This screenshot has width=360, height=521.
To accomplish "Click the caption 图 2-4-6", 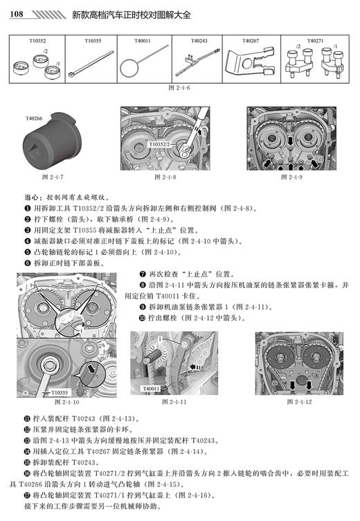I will (x=179, y=87).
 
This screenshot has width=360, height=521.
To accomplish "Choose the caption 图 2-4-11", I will (x=174, y=401).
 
